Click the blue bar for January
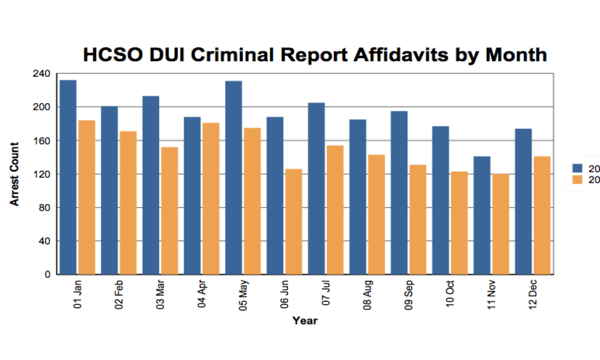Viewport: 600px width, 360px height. click(68, 177)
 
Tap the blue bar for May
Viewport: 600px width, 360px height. click(233, 178)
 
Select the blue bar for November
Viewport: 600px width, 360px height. click(482, 215)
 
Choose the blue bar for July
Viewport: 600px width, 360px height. click(316, 188)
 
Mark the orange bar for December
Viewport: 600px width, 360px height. click(542, 215)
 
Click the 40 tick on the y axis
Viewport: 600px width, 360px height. click(45, 241)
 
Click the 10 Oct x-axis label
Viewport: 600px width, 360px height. click(450, 295)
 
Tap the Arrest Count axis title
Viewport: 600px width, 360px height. click(14, 174)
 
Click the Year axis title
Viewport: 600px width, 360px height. click(305, 321)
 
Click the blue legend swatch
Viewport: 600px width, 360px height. click(577, 167)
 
